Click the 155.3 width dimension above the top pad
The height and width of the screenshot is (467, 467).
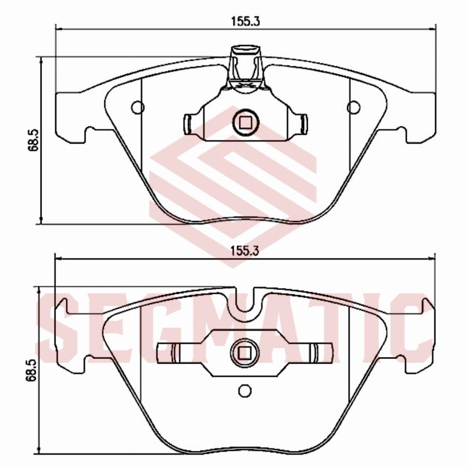(246, 21)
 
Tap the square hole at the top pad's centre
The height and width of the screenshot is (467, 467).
(246, 122)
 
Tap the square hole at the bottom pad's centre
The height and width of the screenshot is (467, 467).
(244, 353)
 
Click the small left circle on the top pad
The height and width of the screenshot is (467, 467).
(138, 107)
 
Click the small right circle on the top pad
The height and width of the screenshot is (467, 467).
(353, 107)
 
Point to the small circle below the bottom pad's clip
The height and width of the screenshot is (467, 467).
(245, 390)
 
